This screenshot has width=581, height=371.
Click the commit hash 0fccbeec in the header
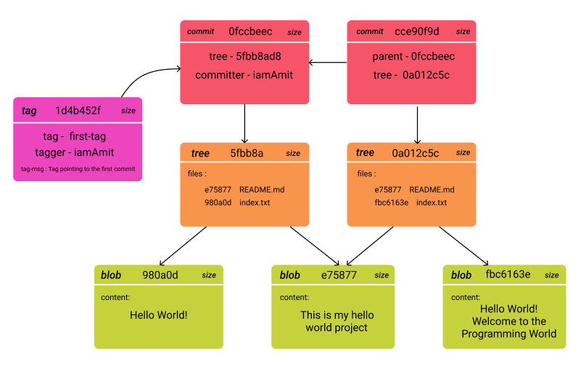(x=250, y=32)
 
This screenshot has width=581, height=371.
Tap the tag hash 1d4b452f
(x=78, y=110)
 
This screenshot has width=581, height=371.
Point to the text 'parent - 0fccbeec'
(x=413, y=57)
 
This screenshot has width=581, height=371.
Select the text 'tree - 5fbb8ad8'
(x=244, y=57)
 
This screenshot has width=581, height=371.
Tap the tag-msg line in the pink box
(x=78, y=170)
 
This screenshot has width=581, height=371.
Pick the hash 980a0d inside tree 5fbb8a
(x=218, y=202)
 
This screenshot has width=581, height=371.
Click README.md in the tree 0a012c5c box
(x=432, y=189)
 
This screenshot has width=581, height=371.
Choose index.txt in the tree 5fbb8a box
(x=255, y=202)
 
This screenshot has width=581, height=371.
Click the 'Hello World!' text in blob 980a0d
(x=158, y=314)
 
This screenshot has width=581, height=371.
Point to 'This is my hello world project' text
(x=337, y=321)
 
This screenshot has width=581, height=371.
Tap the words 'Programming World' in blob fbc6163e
(x=508, y=334)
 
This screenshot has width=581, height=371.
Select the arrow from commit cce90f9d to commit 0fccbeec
(x=328, y=63)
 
